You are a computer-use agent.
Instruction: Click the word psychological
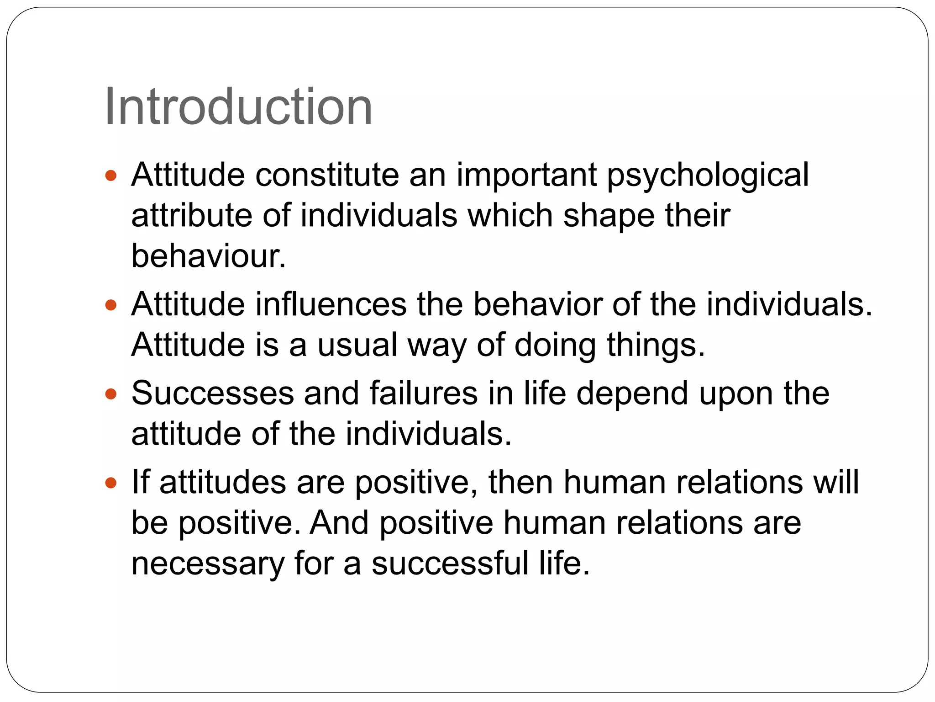708,176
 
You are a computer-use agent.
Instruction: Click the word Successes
213,393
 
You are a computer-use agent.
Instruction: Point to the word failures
423,393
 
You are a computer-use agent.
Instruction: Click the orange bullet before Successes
111,394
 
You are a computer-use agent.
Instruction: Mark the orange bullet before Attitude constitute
111,175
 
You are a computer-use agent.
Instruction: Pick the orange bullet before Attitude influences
111,305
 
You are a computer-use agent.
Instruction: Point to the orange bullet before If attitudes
111,483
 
